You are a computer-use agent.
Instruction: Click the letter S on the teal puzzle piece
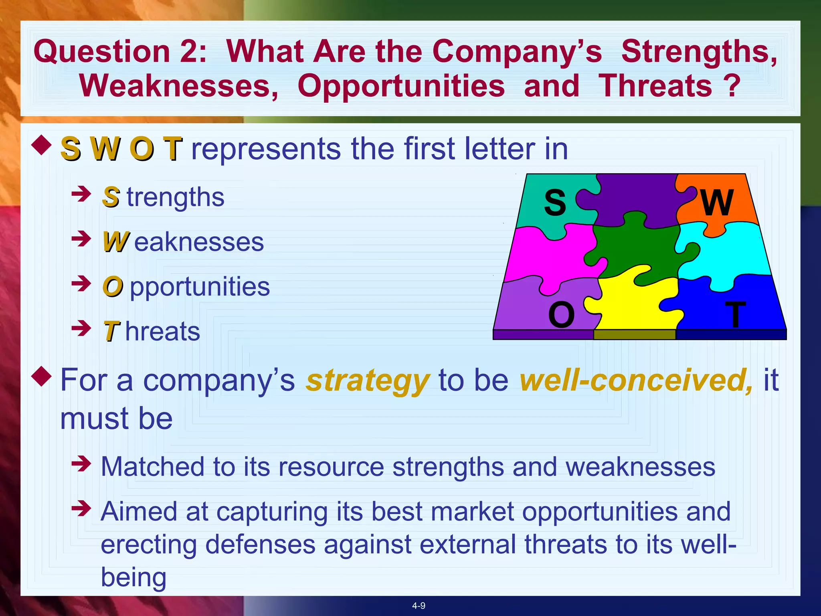point(555,203)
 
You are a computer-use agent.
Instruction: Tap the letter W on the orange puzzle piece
point(717,202)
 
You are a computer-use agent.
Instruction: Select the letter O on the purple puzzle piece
point(561,315)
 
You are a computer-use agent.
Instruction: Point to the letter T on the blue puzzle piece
point(735,315)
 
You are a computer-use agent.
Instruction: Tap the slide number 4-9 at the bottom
point(419,606)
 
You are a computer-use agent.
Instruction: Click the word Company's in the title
point(517,52)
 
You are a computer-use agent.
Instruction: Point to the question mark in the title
point(732,86)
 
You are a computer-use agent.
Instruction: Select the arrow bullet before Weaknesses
point(81,239)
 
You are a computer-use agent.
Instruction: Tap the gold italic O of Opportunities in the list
point(113,287)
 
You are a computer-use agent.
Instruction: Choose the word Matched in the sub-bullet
point(153,467)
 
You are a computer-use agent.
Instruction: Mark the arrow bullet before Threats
point(81,328)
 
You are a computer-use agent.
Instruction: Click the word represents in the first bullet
point(266,149)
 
